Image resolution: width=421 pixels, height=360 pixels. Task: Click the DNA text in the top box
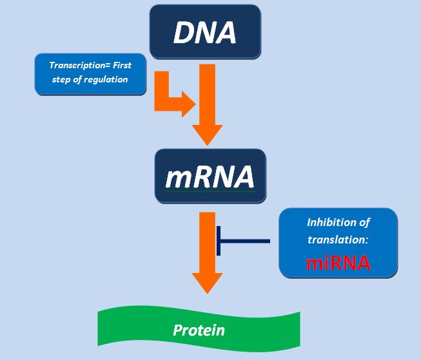205,32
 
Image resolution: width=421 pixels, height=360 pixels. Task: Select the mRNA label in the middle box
210,177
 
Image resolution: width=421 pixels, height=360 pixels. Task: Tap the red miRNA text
338,263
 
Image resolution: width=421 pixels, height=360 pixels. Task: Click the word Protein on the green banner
199,330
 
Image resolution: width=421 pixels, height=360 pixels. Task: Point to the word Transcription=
80,65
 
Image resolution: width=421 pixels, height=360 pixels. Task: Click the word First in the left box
122,65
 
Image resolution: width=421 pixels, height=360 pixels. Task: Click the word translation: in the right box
337,240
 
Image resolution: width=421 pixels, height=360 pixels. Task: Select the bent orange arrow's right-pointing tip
195,104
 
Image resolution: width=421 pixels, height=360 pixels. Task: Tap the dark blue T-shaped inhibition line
243,241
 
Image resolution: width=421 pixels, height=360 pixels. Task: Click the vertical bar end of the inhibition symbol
219,241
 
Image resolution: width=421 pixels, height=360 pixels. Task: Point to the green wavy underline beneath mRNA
210,192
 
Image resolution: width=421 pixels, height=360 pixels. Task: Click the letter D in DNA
184,32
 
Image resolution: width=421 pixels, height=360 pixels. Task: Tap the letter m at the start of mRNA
178,178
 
